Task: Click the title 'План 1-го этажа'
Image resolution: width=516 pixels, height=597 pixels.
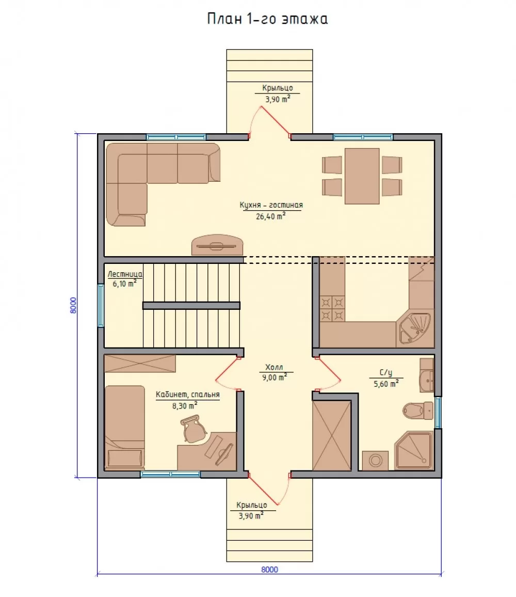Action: pyautogui.click(x=267, y=19)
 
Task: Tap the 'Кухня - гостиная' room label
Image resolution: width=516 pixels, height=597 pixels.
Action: pyautogui.click(x=271, y=205)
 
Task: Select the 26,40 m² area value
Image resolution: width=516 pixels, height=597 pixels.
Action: pyautogui.click(x=270, y=216)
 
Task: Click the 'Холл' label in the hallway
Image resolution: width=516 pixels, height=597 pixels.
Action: pyautogui.click(x=274, y=367)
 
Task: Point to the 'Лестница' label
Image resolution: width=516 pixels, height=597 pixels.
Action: pyautogui.click(x=125, y=274)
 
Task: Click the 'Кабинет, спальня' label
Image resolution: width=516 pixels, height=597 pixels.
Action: pyautogui.click(x=188, y=395)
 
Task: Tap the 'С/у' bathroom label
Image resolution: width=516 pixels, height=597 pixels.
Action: pyautogui.click(x=386, y=373)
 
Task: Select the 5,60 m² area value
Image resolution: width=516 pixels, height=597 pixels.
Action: pyautogui.click(x=386, y=384)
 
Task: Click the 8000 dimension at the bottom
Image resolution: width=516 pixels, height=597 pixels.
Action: pyautogui.click(x=269, y=569)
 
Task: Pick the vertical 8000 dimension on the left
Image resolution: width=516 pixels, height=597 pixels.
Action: pyautogui.click(x=73, y=305)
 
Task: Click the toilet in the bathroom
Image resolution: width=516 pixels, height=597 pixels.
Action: pyautogui.click(x=418, y=411)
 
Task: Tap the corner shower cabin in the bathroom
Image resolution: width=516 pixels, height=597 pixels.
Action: pyautogui.click(x=414, y=450)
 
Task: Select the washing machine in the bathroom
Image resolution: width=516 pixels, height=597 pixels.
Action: pyautogui.click(x=375, y=461)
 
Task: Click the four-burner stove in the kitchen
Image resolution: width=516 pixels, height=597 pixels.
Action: pyautogui.click(x=332, y=309)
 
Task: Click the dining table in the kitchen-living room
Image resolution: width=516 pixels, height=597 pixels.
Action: pyautogui.click(x=362, y=176)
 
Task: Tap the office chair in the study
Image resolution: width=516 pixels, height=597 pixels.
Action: pyautogui.click(x=194, y=429)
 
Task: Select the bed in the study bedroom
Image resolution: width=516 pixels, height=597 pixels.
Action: pyautogui.click(x=124, y=427)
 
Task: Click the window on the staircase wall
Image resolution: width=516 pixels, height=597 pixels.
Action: pyautogui.click(x=101, y=305)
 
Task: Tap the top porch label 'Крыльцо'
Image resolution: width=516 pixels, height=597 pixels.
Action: pyautogui.click(x=278, y=88)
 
